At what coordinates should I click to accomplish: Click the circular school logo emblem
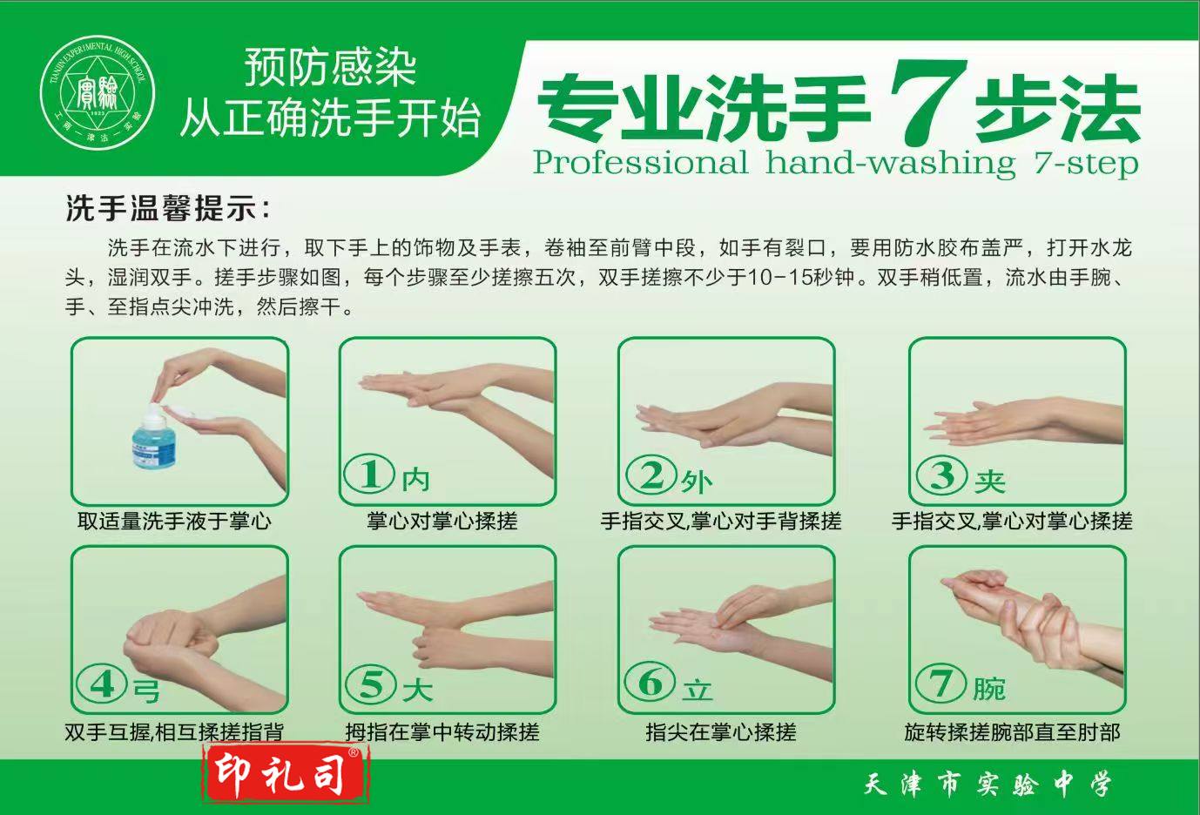coord(98,92)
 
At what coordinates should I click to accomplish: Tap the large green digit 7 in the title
coord(928,101)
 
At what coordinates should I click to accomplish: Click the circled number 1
coord(369,474)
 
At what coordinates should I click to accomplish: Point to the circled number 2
coord(651,475)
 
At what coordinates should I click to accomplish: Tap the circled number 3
coord(941,475)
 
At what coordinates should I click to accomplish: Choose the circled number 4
coord(102,684)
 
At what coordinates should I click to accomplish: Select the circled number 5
coord(371,684)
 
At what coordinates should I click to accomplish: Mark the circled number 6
coord(651,682)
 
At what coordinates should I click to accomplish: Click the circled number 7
coord(941,684)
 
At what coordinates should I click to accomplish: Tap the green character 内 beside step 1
coord(415,479)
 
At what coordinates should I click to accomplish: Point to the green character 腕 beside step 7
coord(989,689)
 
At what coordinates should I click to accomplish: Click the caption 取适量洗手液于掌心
coord(175,521)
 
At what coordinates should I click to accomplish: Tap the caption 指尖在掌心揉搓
coord(721,732)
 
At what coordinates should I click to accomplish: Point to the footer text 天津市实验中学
coord(988,785)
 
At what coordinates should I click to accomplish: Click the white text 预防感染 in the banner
coord(331,69)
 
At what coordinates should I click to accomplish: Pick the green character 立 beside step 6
coord(698,690)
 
